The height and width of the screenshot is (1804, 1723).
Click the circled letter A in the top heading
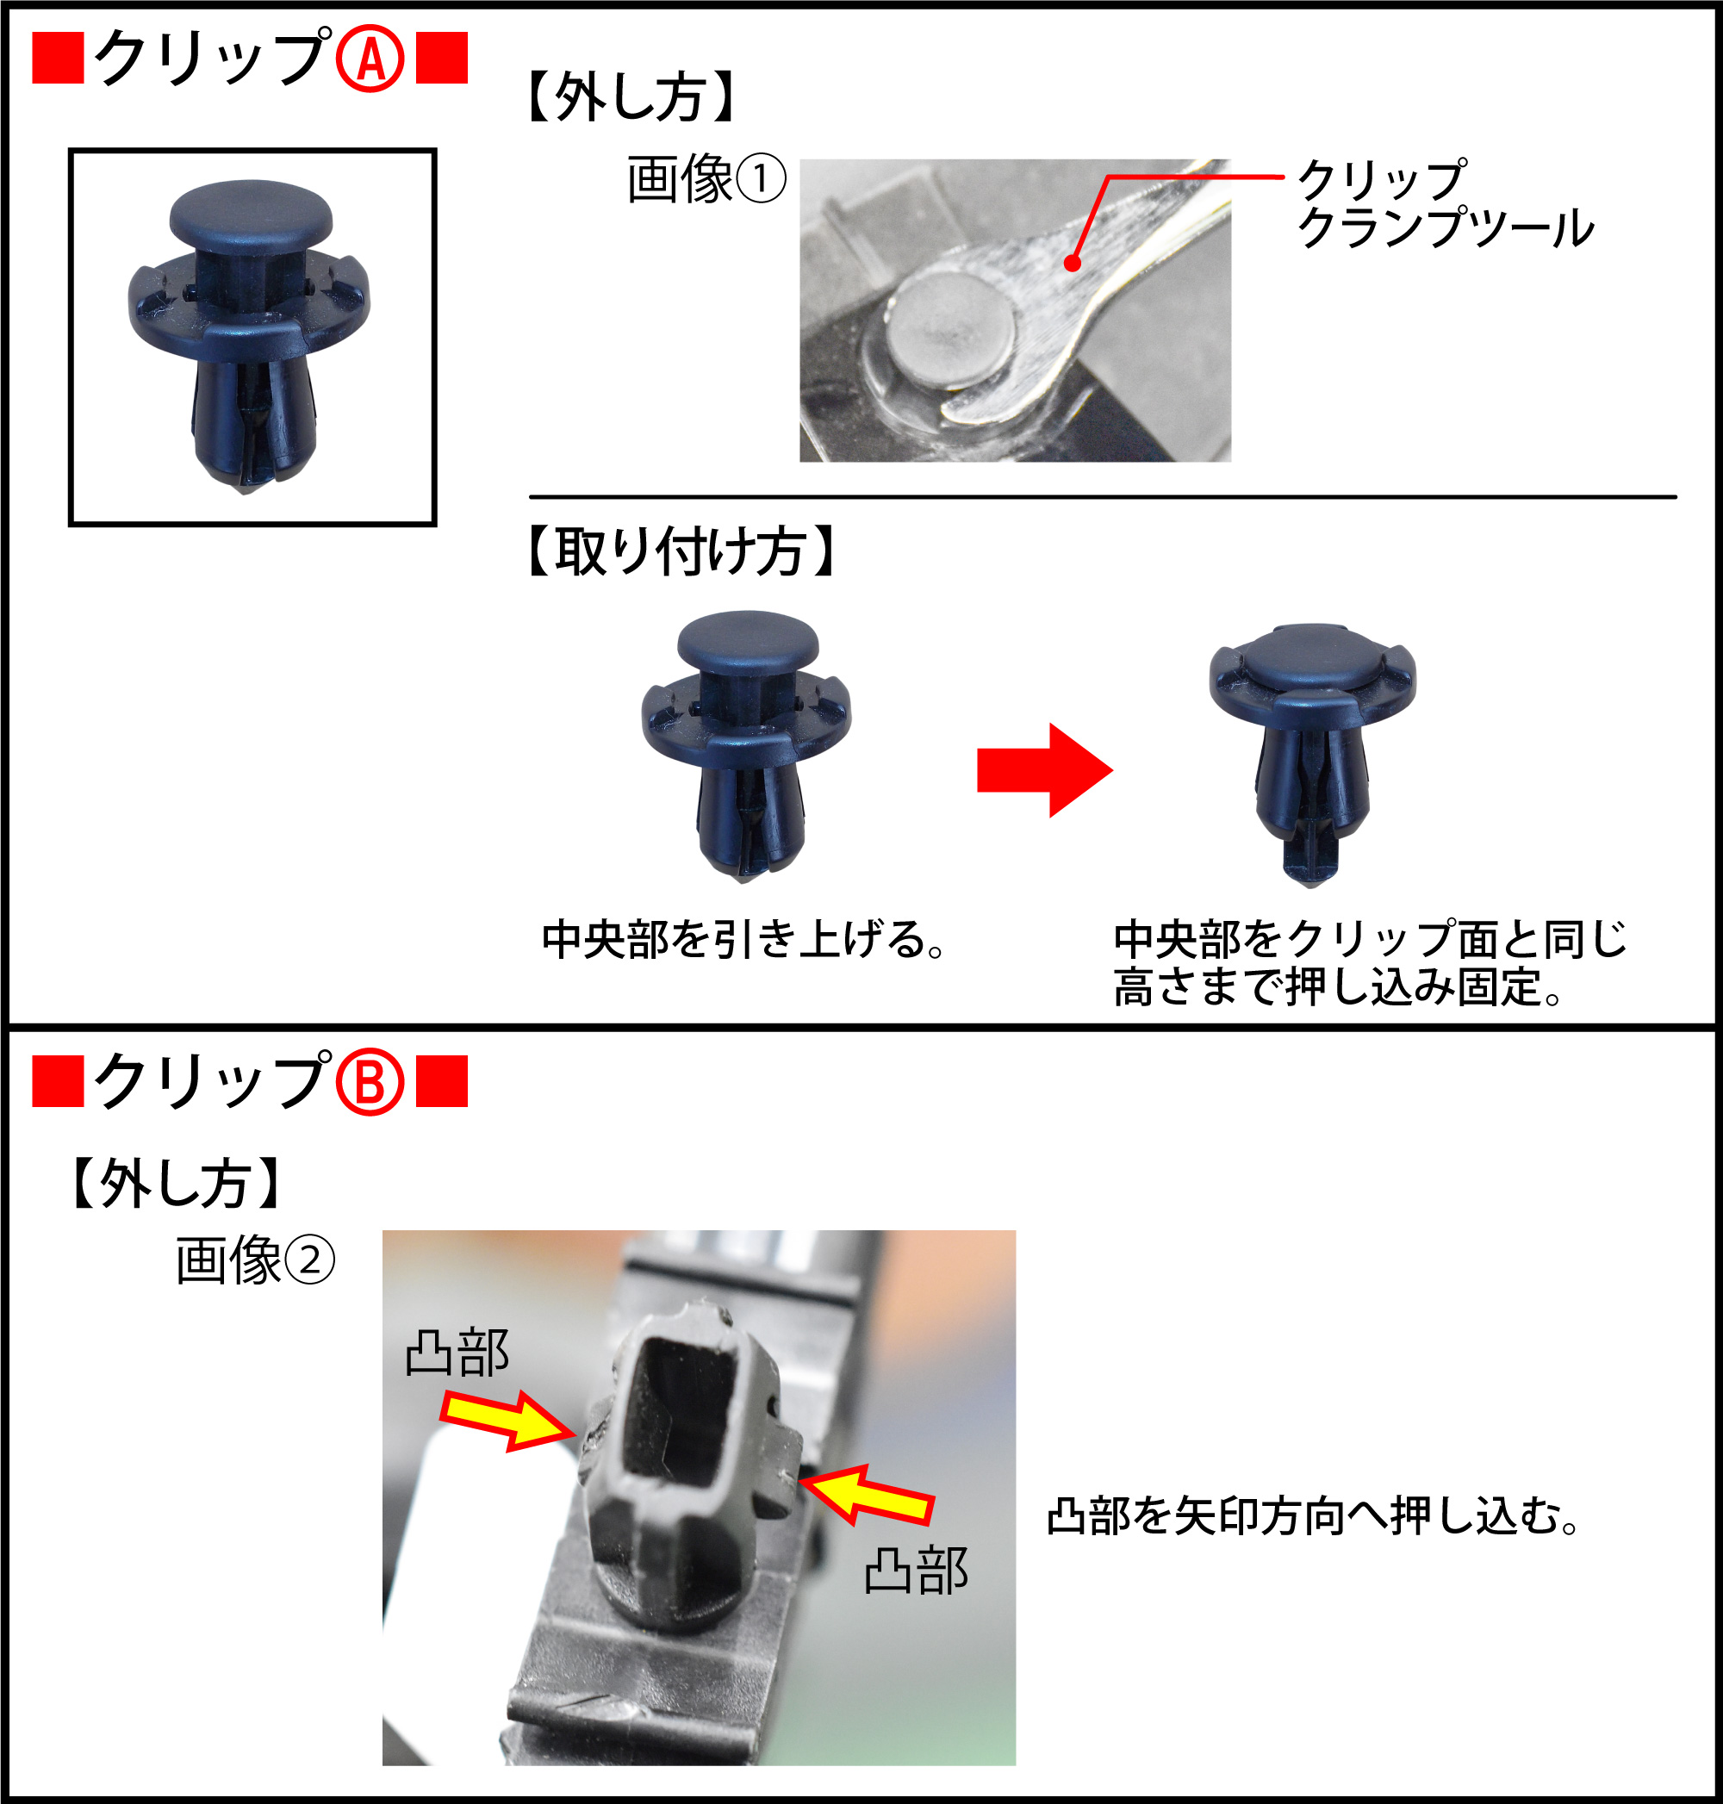[x=370, y=59]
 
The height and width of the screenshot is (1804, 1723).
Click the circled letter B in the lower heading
[x=370, y=1083]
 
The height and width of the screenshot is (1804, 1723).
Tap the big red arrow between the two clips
[x=1043, y=769]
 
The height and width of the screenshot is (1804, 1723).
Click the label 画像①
[x=706, y=179]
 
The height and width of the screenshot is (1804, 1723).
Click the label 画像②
[x=254, y=1260]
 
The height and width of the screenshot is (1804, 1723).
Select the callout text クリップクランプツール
[x=1444, y=204]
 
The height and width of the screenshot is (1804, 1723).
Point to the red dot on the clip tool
[x=1072, y=264]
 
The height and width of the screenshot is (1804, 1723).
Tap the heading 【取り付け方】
[x=681, y=552]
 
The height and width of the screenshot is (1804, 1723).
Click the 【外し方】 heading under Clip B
[x=176, y=1183]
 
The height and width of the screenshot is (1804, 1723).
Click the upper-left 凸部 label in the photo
[x=457, y=1353]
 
